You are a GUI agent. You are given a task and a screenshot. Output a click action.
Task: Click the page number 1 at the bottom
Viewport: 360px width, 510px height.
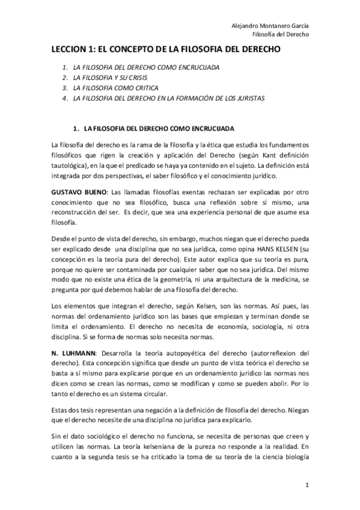point(307,484)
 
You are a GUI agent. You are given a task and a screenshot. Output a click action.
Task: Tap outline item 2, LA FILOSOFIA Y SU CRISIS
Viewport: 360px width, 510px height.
point(107,78)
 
